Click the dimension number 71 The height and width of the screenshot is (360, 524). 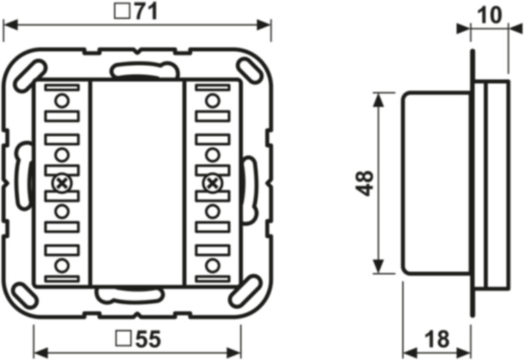(145, 11)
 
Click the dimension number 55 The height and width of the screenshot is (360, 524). (148, 338)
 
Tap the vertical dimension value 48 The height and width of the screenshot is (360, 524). (364, 183)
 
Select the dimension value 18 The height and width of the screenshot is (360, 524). (437, 338)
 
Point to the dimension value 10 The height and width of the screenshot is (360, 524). (489, 15)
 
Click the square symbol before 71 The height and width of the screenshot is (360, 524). (122, 11)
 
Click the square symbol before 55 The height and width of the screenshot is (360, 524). (123, 338)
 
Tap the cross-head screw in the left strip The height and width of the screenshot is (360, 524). (62, 184)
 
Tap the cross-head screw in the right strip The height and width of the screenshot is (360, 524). (212, 184)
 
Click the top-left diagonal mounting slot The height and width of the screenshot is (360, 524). (30, 76)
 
